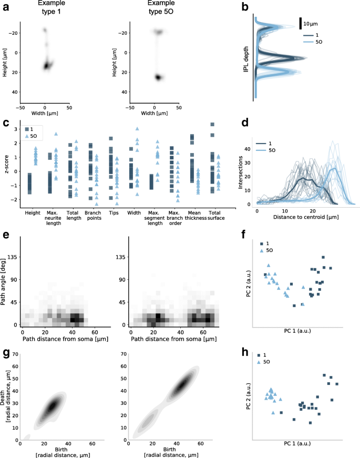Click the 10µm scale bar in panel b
pos(301,24)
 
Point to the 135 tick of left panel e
pos(12,258)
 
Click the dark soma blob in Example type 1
pos(48,66)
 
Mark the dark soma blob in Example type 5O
pos(158,77)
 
